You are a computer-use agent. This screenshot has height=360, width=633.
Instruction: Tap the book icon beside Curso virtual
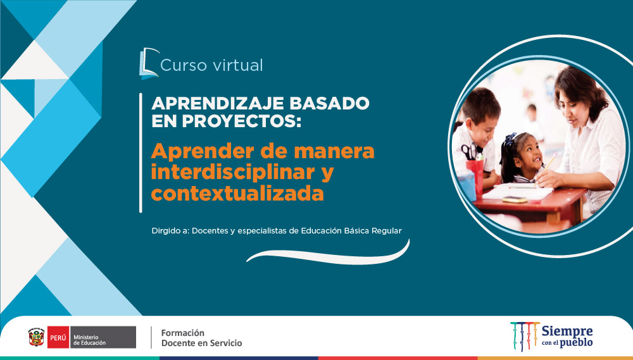click(x=149, y=63)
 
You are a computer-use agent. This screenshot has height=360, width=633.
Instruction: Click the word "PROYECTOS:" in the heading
click(x=241, y=121)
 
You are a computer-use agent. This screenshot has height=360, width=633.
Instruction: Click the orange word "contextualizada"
click(x=237, y=194)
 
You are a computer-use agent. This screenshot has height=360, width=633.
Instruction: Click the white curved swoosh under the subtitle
click(x=328, y=257)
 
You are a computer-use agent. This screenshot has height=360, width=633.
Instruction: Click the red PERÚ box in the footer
click(x=58, y=337)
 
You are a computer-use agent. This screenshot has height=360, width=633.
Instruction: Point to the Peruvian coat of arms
click(x=36, y=337)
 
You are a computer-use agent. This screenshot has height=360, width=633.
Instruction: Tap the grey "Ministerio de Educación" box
click(x=103, y=337)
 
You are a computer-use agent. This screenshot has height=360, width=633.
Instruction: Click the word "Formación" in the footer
click(x=182, y=333)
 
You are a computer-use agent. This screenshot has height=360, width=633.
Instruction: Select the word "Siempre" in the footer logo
click(x=567, y=332)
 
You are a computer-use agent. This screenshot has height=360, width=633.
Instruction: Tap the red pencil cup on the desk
click(x=475, y=175)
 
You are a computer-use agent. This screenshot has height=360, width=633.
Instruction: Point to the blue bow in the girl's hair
click(x=510, y=139)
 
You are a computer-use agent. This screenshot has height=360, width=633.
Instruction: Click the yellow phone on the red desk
click(x=515, y=199)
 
